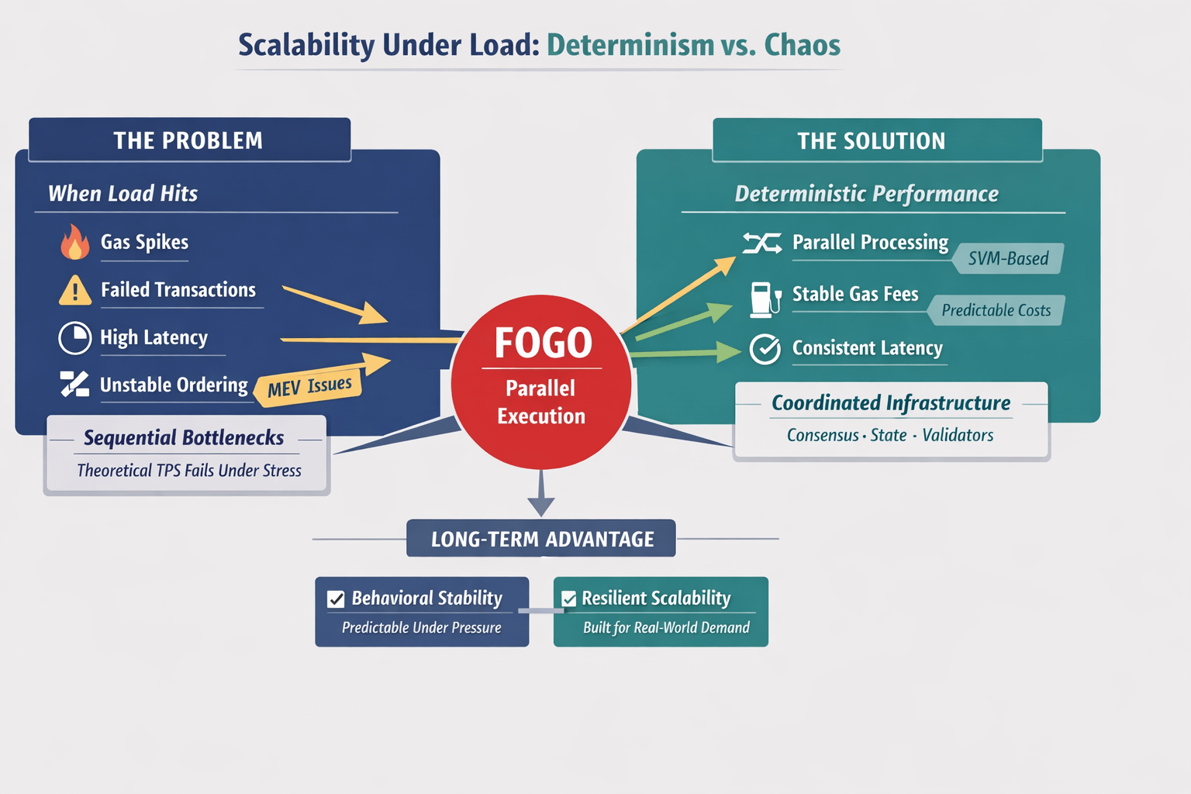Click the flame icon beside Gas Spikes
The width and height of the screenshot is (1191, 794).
75,241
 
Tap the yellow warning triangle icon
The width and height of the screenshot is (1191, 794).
75,290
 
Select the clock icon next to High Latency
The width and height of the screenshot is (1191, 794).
75,338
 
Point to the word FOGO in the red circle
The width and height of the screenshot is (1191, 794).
543,343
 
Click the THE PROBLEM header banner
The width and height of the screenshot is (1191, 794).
190,140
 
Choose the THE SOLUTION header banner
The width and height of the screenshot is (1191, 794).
877,140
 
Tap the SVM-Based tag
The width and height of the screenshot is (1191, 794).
1008,258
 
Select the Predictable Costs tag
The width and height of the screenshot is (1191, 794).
996,310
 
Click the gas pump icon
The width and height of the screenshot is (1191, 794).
765,300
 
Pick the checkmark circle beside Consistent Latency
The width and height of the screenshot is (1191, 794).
765,349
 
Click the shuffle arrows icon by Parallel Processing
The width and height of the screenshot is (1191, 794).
762,243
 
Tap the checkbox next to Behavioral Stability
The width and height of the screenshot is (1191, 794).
336,599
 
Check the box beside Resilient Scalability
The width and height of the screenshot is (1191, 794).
569,599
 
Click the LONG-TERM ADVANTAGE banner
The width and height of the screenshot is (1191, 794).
541,538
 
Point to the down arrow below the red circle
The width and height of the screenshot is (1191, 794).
541,493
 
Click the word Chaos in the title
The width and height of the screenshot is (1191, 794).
803,45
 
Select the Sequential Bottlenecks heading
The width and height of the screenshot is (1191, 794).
184,437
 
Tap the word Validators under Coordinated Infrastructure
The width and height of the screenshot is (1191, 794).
958,435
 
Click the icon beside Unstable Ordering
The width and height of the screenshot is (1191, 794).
74,384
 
